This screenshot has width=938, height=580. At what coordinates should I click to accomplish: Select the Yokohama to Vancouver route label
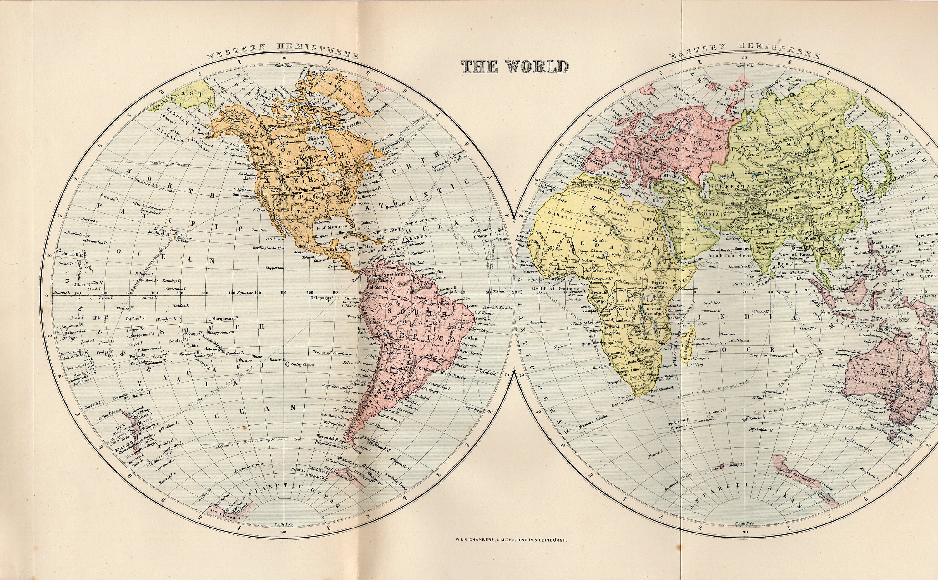click(172, 164)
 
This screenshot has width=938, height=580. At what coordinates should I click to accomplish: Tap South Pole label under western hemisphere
click(284, 535)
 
